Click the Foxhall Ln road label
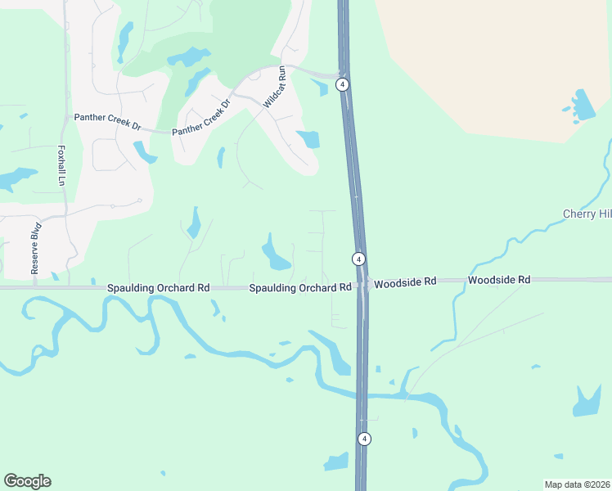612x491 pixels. click(x=61, y=165)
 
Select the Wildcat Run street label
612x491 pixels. click(x=274, y=87)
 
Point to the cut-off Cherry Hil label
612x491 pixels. click(x=587, y=214)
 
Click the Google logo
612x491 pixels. click(x=27, y=481)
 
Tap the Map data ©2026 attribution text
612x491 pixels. click(x=577, y=484)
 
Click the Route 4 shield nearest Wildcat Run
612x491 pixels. click(x=343, y=84)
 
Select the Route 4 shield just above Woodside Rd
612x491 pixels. click(x=358, y=259)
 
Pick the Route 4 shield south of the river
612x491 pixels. click(x=364, y=439)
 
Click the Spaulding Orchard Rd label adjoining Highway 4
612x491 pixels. click(x=299, y=288)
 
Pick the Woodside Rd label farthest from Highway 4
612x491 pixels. click(x=499, y=280)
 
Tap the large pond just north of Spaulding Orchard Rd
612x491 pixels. click(x=275, y=253)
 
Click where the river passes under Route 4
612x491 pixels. click(x=362, y=396)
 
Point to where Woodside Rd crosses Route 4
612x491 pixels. click(x=361, y=284)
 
